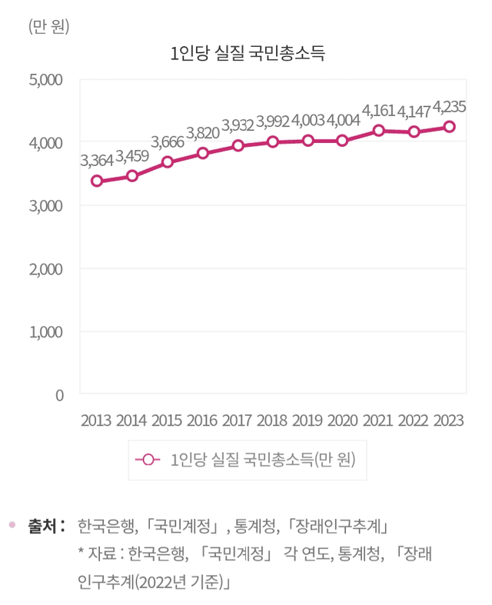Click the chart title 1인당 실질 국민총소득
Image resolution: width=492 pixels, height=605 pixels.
pos(248,53)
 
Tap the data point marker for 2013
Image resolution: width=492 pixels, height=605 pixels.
pos(97,181)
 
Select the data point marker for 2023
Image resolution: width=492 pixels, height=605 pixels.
pos(450,127)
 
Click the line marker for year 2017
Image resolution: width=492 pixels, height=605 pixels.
pos(238,145)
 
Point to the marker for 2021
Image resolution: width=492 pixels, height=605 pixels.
pos(379,131)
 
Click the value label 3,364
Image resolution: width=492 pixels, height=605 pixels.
pos(97,161)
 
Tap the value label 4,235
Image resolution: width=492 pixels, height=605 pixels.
pos(450,106)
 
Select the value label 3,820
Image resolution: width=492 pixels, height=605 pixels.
pos(203,131)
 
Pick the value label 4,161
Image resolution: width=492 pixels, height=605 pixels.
pos(379,110)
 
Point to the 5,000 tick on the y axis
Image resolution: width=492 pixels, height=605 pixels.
pos(48,79)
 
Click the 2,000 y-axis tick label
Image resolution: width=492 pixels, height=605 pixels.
pos(48,269)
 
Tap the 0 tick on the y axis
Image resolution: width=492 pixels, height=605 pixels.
pos(58,395)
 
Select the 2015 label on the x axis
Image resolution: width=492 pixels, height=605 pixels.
pos(167,421)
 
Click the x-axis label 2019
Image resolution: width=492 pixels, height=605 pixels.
pos(308,421)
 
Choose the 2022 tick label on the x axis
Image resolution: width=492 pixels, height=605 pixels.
pos(414,421)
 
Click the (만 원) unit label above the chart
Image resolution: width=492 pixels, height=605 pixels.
pos(49,27)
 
